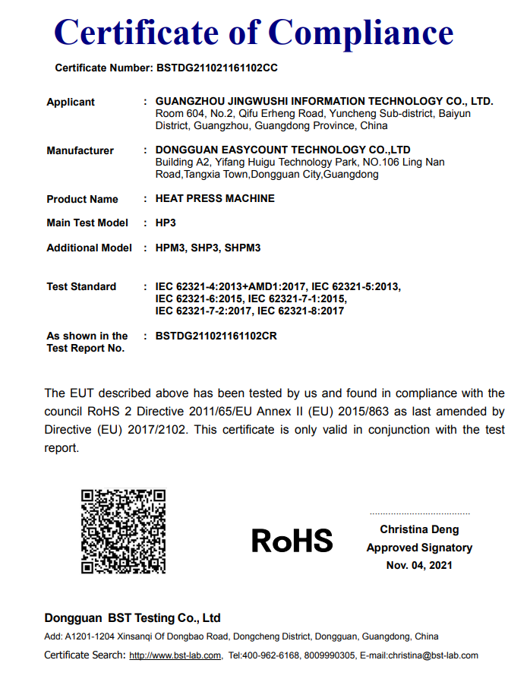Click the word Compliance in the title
point(361,33)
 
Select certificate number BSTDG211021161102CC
point(217,68)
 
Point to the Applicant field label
point(71,102)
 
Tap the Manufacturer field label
point(80,150)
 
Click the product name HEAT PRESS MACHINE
point(215,198)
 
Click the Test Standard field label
point(81,286)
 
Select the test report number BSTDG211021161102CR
point(216,335)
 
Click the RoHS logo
point(292,541)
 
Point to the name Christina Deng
point(419,529)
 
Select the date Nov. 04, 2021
point(419,565)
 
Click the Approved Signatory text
point(419,548)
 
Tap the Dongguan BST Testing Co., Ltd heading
point(132,618)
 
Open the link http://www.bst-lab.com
point(175,655)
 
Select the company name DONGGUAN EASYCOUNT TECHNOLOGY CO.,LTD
point(282,150)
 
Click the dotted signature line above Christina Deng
point(419,514)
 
